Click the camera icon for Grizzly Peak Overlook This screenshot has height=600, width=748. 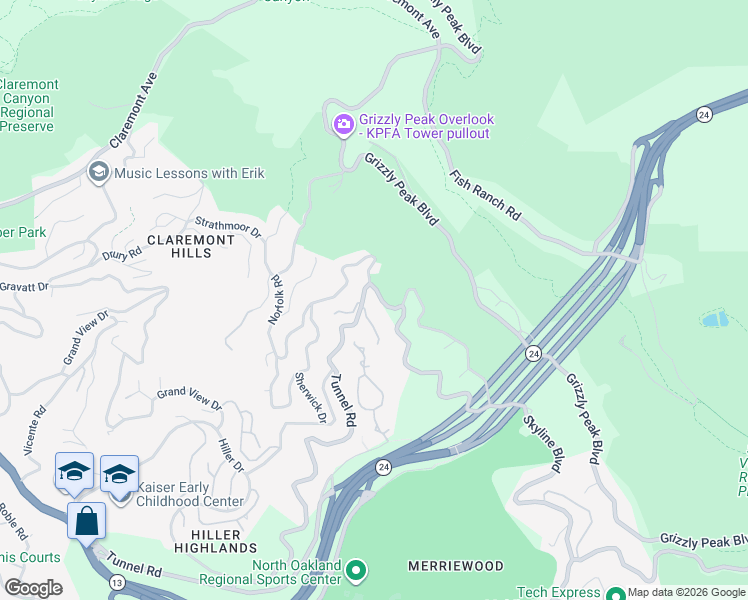point(343,125)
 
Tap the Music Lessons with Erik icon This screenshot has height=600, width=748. point(98,173)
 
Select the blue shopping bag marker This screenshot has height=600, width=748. point(86,521)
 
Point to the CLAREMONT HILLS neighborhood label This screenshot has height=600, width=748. point(193,246)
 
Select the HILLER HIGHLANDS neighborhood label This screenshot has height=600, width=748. point(216,541)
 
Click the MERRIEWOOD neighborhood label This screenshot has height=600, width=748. point(456,566)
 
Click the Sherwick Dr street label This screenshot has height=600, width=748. point(310,397)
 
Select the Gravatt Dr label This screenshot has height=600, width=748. point(25,287)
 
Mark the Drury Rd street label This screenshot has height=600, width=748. point(122,253)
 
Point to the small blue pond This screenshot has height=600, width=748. point(714,320)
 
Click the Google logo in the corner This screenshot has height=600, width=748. point(33,587)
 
